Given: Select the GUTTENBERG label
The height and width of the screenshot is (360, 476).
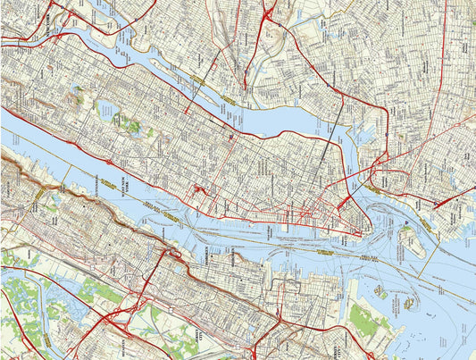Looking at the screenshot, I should click(90, 184).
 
